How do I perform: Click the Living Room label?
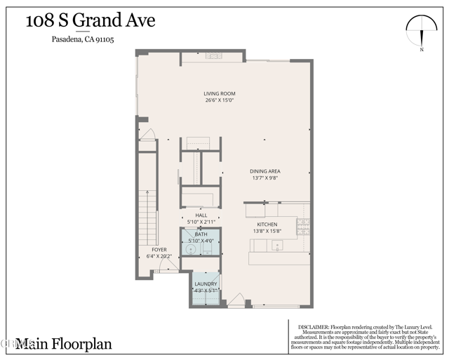coord(219,93)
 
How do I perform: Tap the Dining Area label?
coord(265,171)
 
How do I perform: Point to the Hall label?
coord(201,215)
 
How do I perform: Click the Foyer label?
coord(159,249)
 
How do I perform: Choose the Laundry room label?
coord(206,284)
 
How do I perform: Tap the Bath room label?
coord(201,234)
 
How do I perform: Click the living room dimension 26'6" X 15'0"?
coord(219,100)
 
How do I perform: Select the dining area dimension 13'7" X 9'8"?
coord(265,178)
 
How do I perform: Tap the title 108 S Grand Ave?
coord(91,20)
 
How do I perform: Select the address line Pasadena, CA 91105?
coord(83,40)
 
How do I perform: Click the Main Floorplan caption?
coord(64,344)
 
